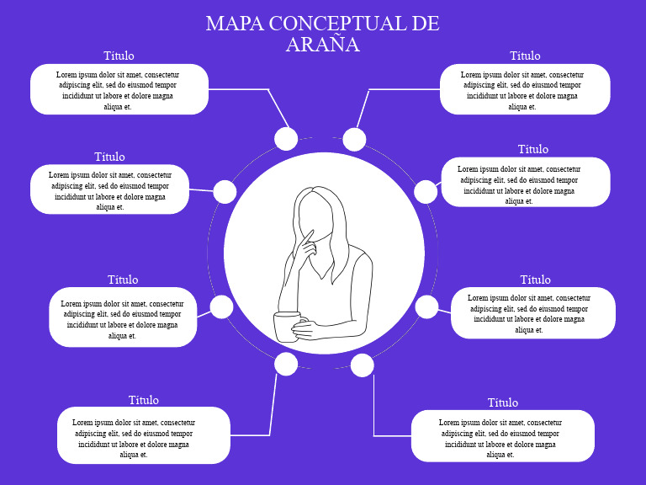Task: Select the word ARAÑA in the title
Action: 322,45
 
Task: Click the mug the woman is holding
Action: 287,326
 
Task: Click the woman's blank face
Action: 314,214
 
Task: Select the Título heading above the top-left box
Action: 119,56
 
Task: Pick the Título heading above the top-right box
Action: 525,56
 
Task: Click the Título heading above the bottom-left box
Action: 143,400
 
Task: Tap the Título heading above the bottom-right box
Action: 503,402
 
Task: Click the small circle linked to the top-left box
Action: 286,139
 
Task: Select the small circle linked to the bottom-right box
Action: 362,365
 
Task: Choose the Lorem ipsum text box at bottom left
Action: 143,435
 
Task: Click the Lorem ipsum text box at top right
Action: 525,89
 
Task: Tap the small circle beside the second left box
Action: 225,192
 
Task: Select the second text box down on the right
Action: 525,182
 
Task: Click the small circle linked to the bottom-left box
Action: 286,364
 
